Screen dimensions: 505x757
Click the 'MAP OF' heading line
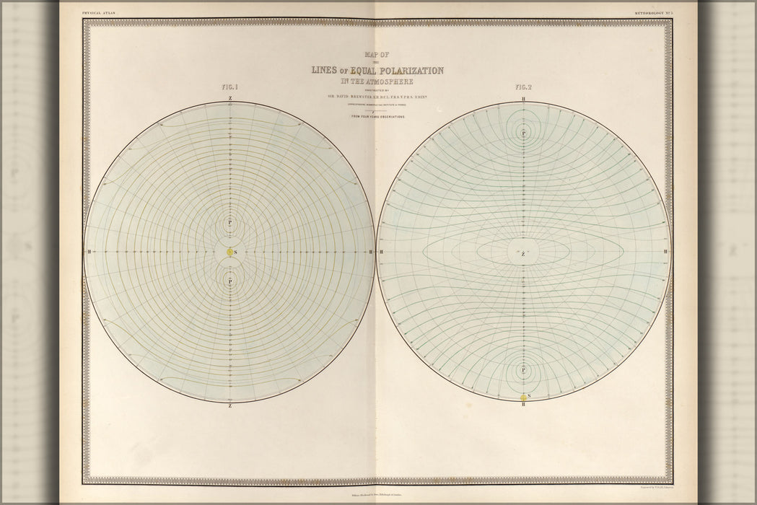pyautogui.click(x=377, y=54)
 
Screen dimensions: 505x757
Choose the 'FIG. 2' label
pyautogui.click(x=523, y=87)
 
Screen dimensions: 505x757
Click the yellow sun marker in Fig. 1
pyautogui.click(x=229, y=252)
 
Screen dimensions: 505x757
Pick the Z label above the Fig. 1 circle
pyautogui.click(x=229, y=97)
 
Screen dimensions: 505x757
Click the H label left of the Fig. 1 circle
pyautogui.click(x=88, y=252)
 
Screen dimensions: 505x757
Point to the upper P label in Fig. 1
pyautogui.click(x=229, y=222)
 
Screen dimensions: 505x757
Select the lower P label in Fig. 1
pyautogui.click(x=229, y=281)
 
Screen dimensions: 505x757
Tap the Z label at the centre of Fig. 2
pyautogui.click(x=523, y=254)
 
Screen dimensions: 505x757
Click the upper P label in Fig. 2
pyautogui.click(x=523, y=132)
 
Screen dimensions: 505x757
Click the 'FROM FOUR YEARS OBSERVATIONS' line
pyautogui.click(x=377, y=115)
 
